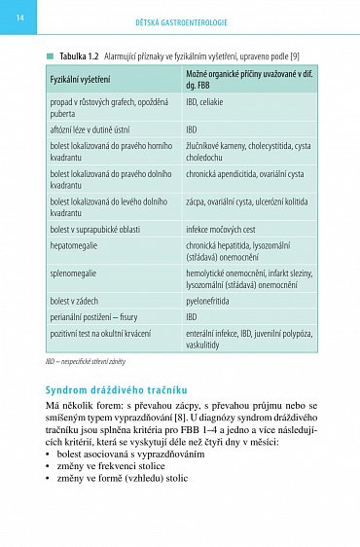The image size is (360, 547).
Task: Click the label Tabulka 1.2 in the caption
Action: coord(84,56)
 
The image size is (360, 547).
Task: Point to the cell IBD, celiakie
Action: coord(211,101)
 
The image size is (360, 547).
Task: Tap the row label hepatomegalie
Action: coord(75,246)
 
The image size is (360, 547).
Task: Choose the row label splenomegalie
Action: coord(73,274)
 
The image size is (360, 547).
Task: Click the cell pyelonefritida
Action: coord(212,302)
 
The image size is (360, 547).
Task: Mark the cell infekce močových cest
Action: coord(225,229)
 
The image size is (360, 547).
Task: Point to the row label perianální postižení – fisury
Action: coord(98,316)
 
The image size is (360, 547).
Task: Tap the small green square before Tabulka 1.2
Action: coord(49,56)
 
